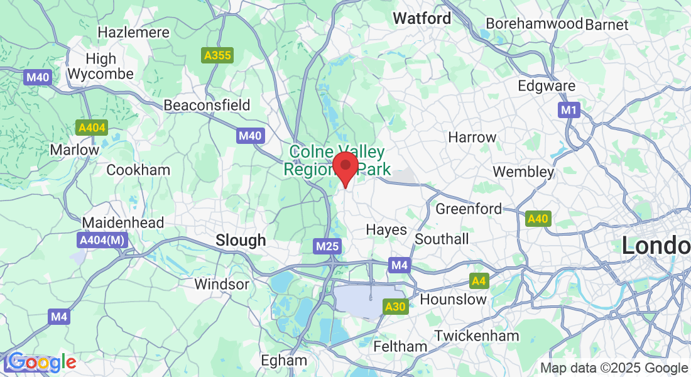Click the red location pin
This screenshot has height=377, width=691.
(345, 166)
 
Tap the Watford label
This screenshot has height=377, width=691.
(422, 19)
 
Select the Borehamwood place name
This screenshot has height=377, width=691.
(535, 25)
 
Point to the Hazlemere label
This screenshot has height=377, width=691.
(134, 32)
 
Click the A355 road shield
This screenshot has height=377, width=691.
(217, 55)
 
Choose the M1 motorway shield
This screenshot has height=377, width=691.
(569, 111)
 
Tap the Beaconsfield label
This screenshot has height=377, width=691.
(207, 105)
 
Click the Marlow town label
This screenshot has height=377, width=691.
(75, 150)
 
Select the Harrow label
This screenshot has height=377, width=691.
(472, 137)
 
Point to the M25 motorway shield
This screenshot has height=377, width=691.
(327, 246)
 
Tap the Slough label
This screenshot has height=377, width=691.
(241, 240)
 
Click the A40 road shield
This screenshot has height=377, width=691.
(538, 219)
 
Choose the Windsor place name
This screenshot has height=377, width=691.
(222, 284)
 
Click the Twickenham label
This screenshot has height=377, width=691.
(477, 336)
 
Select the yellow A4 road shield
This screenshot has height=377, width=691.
(479, 281)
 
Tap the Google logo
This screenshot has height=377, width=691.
(42, 363)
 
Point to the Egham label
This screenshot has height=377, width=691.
(284, 361)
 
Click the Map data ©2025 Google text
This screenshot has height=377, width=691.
(614, 368)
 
